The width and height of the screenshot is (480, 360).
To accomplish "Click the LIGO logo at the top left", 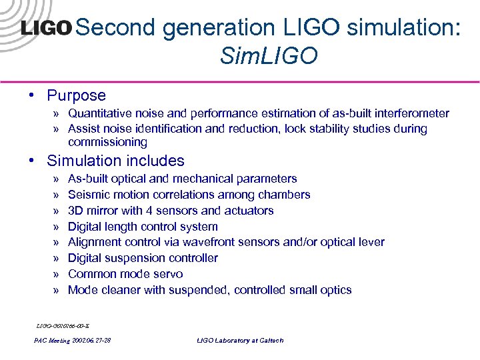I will click(x=46, y=29).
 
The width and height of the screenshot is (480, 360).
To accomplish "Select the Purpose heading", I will click(x=76, y=96).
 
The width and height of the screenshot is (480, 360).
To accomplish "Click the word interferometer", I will click(x=409, y=113).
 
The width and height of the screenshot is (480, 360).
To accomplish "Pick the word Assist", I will click(x=84, y=129).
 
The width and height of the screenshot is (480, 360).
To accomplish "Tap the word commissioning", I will click(x=107, y=142).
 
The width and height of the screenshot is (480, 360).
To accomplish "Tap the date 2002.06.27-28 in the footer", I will click(x=91, y=341).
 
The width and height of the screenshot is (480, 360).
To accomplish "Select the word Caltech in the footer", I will click(x=269, y=341).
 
